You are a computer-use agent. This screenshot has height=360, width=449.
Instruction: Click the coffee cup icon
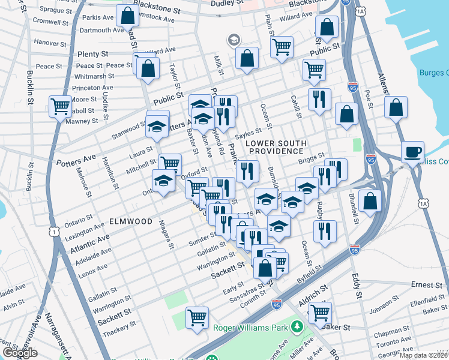(x=412, y=152)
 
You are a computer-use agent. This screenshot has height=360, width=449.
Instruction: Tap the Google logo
(x=20, y=353)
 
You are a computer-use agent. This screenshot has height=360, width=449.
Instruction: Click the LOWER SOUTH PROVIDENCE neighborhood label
(x=276, y=148)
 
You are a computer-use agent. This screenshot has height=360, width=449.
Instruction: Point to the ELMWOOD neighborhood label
(x=131, y=221)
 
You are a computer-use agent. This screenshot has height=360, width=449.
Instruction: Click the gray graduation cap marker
(x=233, y=40)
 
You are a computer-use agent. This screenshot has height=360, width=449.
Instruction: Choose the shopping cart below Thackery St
(x=197, y=318)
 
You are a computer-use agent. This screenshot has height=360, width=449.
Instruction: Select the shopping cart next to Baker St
(x=320, y=312)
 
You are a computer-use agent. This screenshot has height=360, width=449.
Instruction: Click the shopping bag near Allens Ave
(x=396, y=109)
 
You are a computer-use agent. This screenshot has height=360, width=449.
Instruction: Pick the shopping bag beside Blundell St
(x=370, y=201)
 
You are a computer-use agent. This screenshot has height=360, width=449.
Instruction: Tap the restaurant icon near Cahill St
(x=319, y=98)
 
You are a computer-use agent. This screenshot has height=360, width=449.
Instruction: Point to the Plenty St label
(x=92, y=54)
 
